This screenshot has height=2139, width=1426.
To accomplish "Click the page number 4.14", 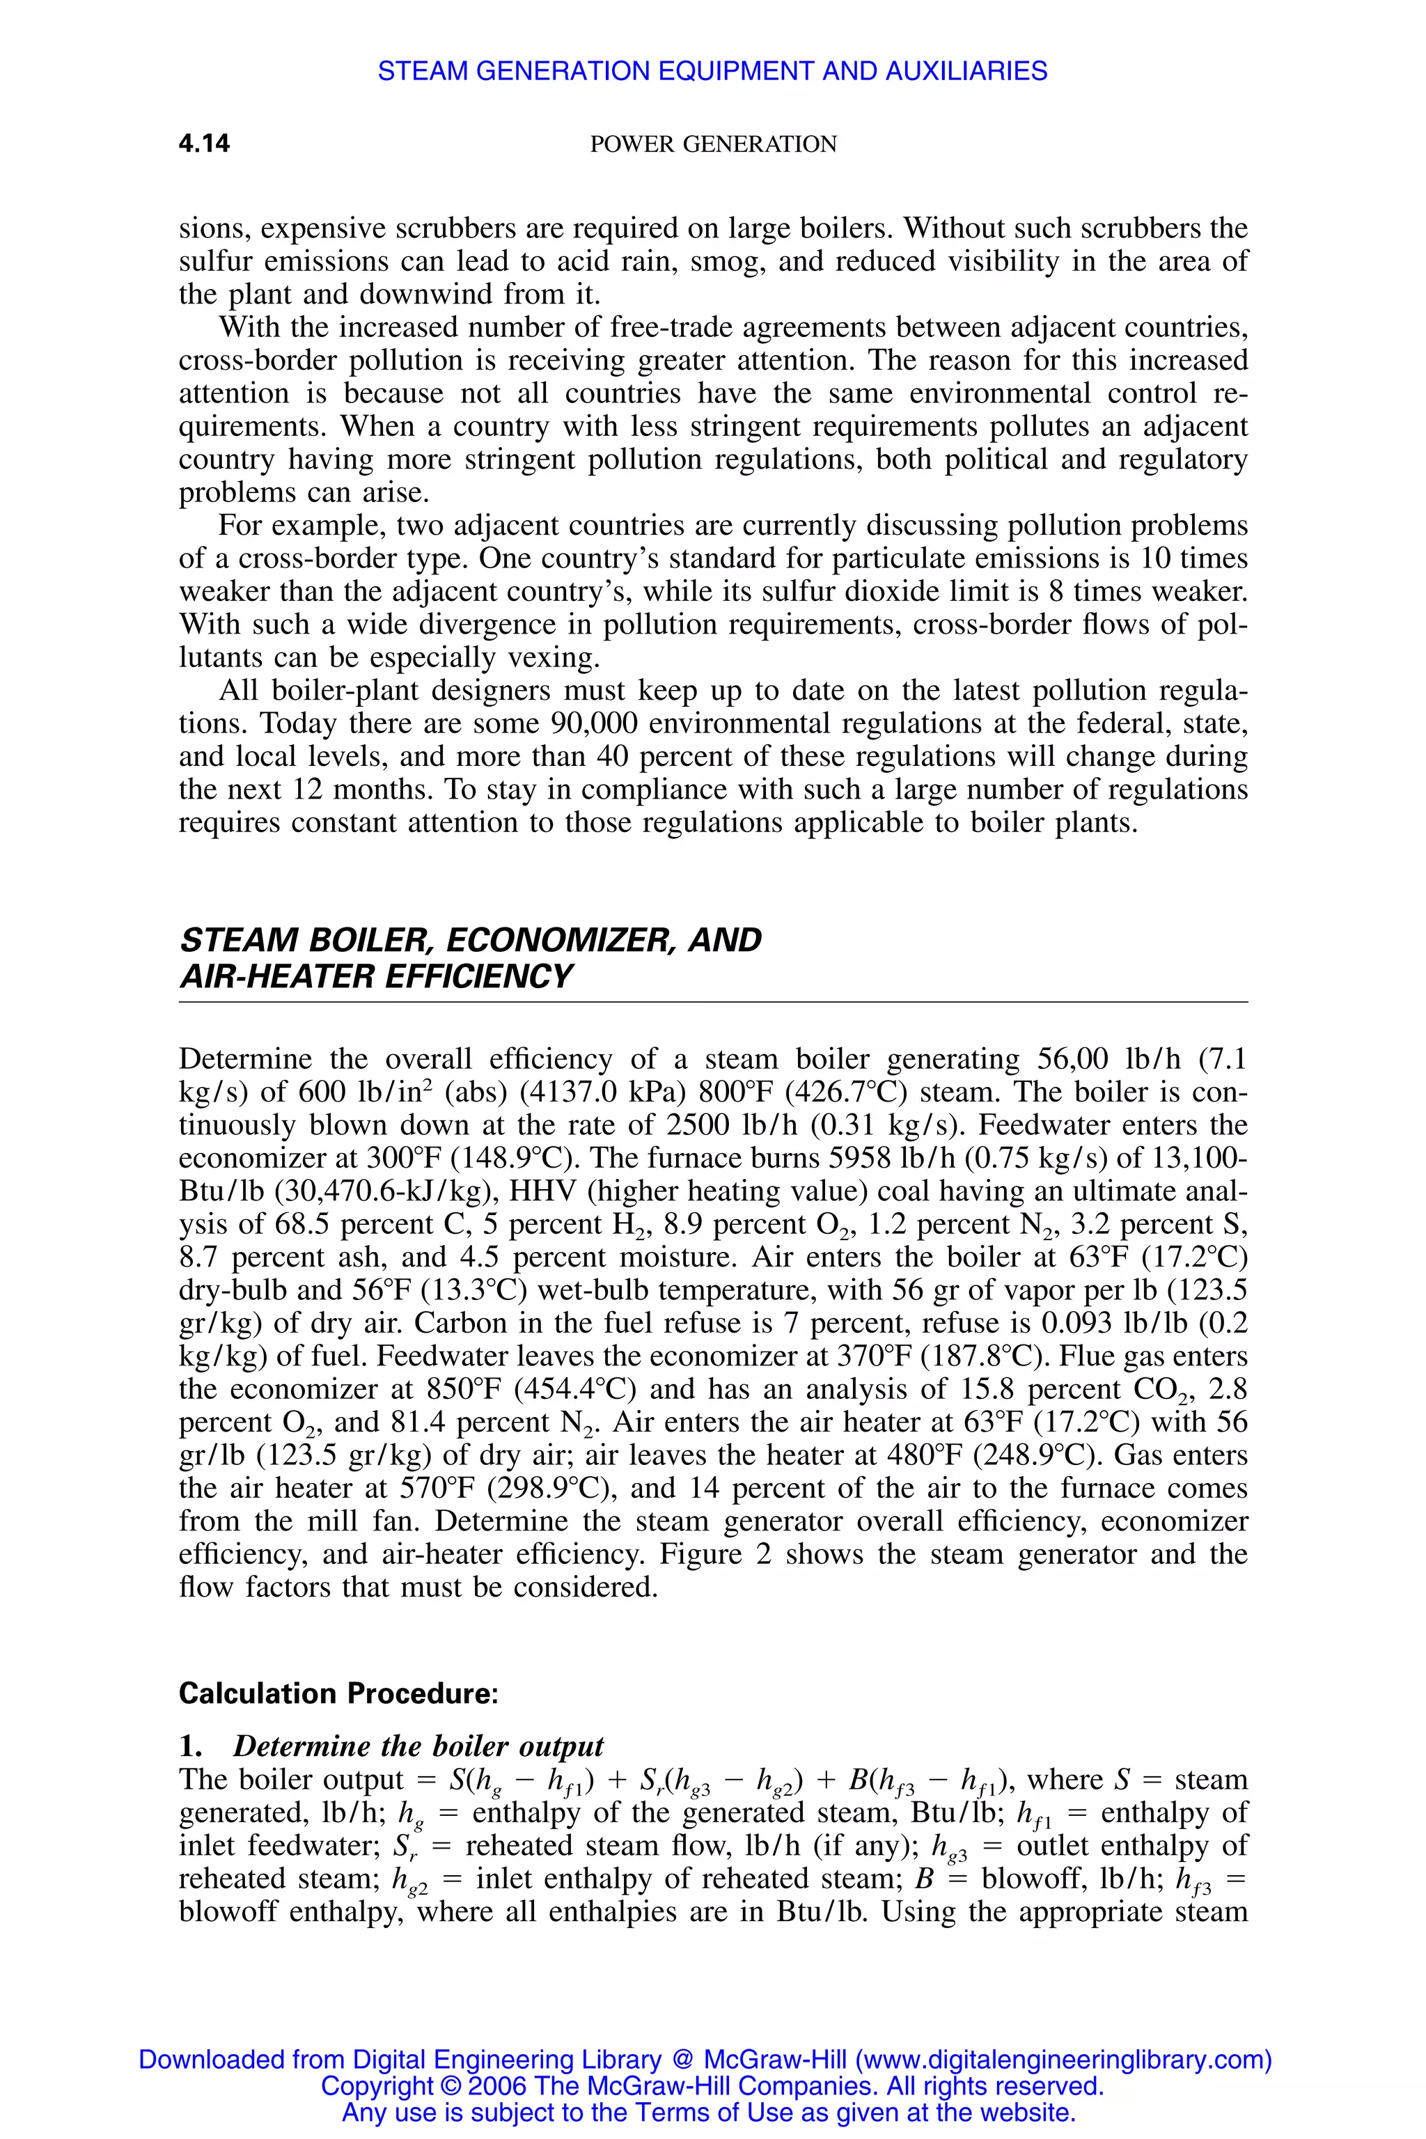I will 204,143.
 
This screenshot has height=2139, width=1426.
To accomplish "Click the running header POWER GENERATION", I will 713,143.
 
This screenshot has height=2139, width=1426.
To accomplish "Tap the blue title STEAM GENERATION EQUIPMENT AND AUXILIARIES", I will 712,71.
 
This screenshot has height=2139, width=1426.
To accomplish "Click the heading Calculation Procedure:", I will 338,1693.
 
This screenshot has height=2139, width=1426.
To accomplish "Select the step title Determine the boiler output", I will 418,1746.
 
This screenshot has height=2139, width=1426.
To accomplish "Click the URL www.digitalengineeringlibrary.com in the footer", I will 1063,2059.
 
